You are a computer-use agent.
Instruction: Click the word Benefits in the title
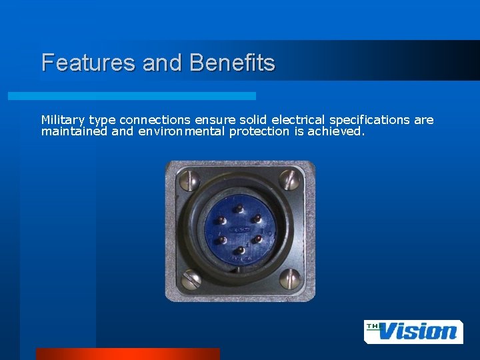(x=232, y=63)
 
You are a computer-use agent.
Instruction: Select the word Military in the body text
(x=63, y=120)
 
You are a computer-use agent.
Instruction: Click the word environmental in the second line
(x=182, y=131)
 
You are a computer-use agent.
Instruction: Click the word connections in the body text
(x=155, y=120)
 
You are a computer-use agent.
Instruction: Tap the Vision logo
(x=413, y=331)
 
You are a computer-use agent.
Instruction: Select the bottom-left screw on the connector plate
(x=191, y=279)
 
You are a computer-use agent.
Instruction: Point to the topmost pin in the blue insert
(x=239, y=206)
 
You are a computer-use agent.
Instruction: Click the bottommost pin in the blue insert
(x=239, y=252)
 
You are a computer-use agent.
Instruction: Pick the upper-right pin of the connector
(x=257, y=219)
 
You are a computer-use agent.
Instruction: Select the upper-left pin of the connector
(x=221, y=220)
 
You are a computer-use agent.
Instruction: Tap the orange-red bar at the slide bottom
(x=127, y=354)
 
